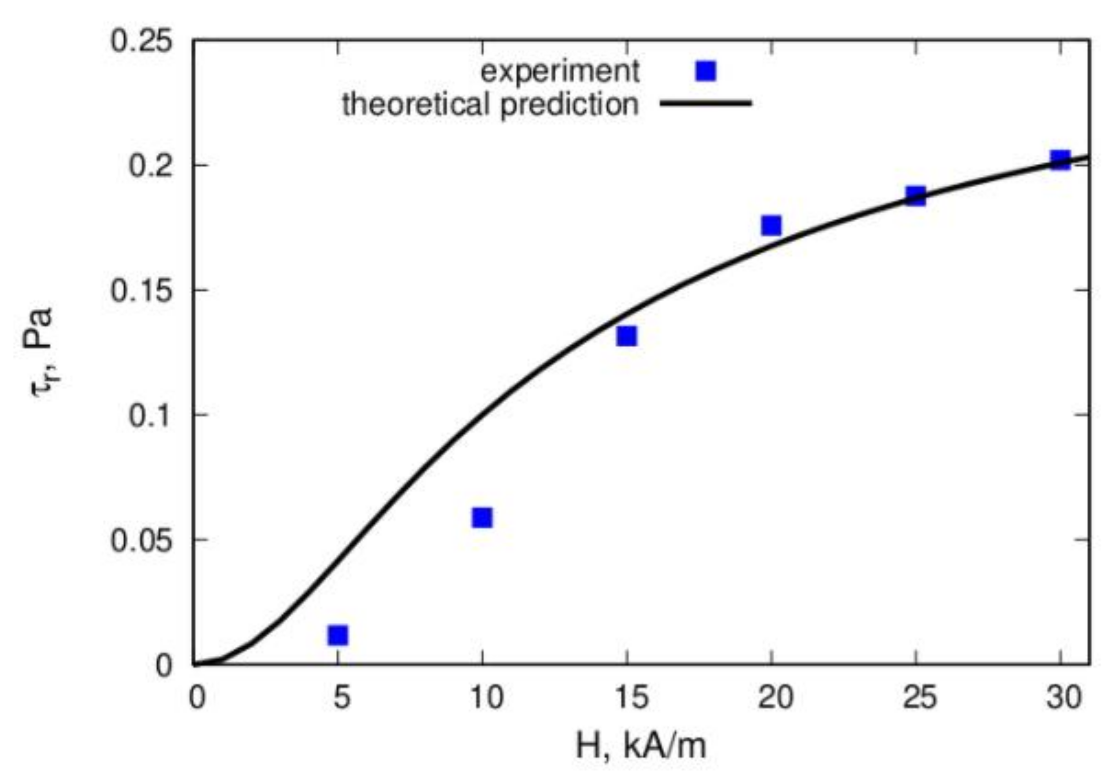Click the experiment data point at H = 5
tap(338, 635)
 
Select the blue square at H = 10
tap(482, 518)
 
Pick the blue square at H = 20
tap(771, 226)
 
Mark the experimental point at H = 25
tap(916, 196)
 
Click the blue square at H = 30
tap(1060, 160)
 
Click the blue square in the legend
tap(706, 71)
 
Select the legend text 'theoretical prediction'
tap(490, 104)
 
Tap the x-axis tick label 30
tap(1063, 698)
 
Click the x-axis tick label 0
tap(197, 698)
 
